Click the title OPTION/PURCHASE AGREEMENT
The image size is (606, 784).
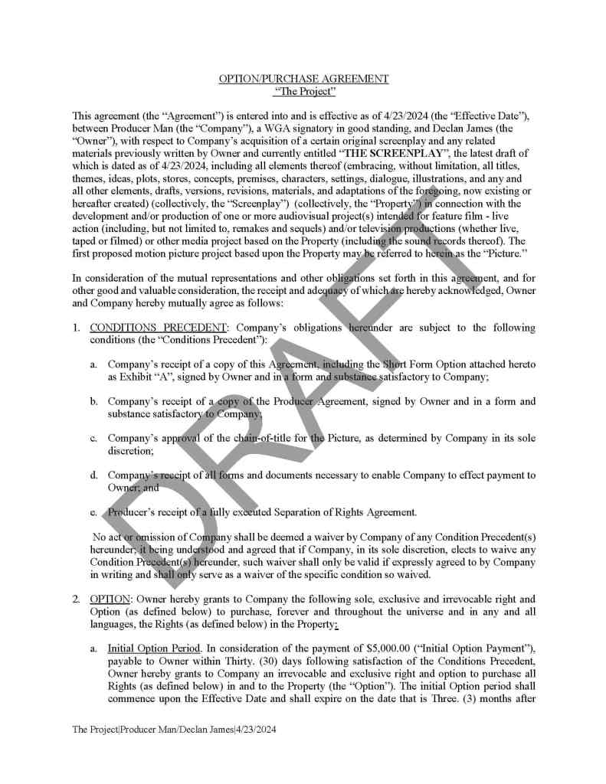coord(303,79)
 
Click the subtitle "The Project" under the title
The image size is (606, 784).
coord(304,92)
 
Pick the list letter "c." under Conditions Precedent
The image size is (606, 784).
coord(93,439)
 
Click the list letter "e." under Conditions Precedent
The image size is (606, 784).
coord(93,512)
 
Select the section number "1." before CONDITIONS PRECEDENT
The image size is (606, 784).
coord(77,328)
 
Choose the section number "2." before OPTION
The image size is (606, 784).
coord(77,597)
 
